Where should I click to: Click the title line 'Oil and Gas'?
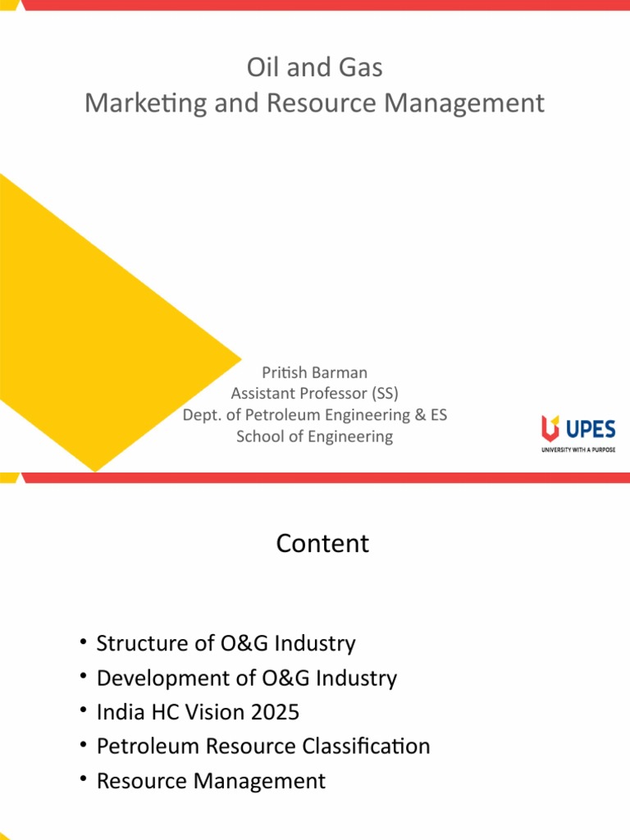pyautogui.click(x=314, y=67)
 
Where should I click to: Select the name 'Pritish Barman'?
pyautogui.click(x=314, y=372)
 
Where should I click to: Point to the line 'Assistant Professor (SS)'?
pyautogui.click(x=314, y=394)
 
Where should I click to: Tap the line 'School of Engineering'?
pyautogui.click(x=314, y=436)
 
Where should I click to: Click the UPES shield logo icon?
pyautogui.click(x=550, y=427)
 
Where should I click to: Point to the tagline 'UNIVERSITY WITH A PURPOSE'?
pyautogui.click(x=577, y=450)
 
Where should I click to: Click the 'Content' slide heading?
pyautogui.click(x=322, y=543)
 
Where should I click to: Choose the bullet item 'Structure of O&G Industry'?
pyautogui.click(x=226, y=643)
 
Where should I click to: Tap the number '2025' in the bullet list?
pyautogui.click(x=275, y=712)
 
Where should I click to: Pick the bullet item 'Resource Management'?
pyautogui.click(x=211, y=781)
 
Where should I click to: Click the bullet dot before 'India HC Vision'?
pyautogui.click(x=84, y=710)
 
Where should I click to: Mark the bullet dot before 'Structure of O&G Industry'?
pyautogui.click(x=84, y=641)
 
